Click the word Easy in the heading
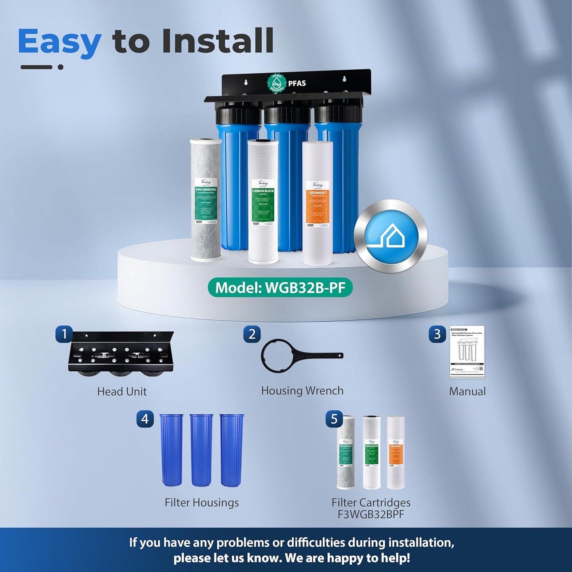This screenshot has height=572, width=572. coord(59,42)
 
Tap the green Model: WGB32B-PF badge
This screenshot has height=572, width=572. coord(280,287)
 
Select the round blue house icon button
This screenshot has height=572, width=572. coord(391,236)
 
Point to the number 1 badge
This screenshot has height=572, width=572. coord(64,334)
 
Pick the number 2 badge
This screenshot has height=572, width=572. coord(252,334)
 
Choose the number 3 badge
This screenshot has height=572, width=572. coord(437,334)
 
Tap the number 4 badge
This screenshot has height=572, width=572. coord(145,419)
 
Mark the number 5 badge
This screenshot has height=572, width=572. coord(334,419)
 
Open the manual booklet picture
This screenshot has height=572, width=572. coord(467,352)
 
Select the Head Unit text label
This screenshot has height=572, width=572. coord(122,391)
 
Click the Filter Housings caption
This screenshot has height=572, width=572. coord(201,502)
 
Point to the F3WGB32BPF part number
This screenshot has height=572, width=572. coord(371,514)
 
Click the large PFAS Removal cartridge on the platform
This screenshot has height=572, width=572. coord(205,200)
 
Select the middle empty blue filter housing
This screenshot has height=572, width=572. coord(201,450)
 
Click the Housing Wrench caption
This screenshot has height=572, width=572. coord(302,391)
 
